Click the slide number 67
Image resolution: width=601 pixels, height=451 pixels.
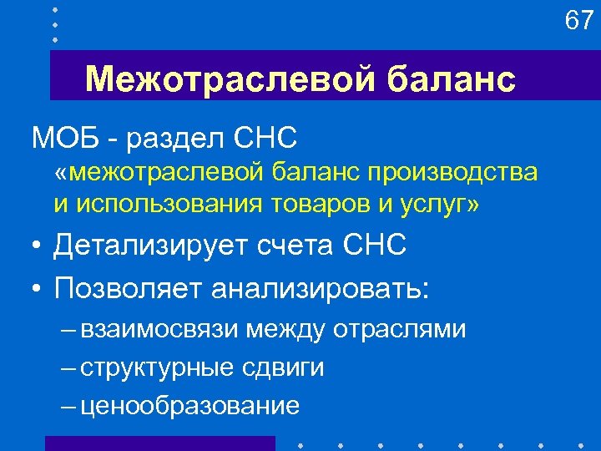click(578, 19)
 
